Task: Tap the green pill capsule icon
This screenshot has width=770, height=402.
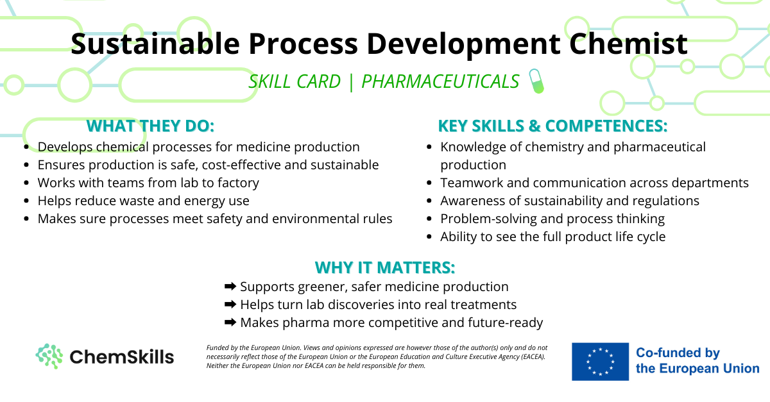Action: [x=536, y=81]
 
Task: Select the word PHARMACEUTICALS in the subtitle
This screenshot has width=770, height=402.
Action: [x=440, y=82]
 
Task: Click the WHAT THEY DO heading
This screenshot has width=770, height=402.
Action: [x=150, y=126]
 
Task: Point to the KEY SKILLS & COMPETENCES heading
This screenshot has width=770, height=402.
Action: [x=552, y=126]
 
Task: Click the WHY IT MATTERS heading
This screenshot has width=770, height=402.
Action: [x=385, y=267]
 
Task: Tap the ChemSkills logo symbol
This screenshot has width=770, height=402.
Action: [x=49, y=356]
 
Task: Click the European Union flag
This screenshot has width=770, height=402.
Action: [x=600, y=362]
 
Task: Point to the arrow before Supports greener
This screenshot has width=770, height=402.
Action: [x=230, y=286]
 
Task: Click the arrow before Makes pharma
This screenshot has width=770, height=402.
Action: [x=230, y=322]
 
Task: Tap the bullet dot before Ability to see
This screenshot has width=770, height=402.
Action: [x=429, y=237]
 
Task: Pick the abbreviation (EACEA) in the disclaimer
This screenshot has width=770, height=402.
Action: [x=533, y=356]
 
